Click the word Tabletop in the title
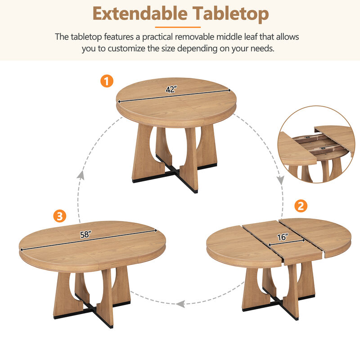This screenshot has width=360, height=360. pyautogui.click(x=229, y=14)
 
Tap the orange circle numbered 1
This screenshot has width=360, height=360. pyautogui.click(x=107, y=81)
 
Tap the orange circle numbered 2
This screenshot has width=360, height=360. pyautogui.click(x=301, y=206)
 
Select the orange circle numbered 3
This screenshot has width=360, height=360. pyautogui.click(x=59, y=216)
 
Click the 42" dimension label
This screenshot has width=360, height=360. pyautogui.click(x=171, y=90)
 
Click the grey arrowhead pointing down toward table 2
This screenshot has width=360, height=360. pyautogui.click(x=280, y=180)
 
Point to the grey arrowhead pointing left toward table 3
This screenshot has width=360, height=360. pyautogui.click(x=180, y=304)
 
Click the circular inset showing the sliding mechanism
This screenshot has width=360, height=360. pyautogui.click(x=316, y=144)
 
